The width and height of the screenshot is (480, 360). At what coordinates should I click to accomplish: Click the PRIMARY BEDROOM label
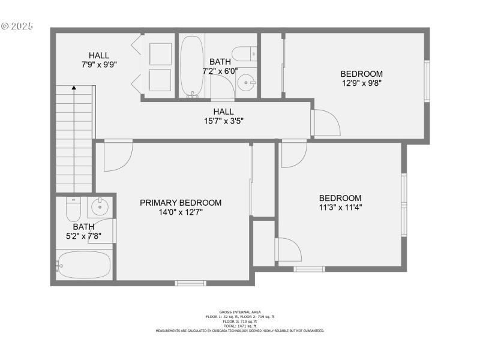pos(181,203)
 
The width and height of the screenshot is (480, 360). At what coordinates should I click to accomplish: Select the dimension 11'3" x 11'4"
pos(340,208)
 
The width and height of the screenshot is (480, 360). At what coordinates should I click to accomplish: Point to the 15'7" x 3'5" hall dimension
pos(223,121)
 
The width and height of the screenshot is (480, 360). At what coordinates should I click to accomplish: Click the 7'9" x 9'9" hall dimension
pos(99,65)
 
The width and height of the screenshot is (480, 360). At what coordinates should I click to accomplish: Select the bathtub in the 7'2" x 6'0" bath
pos(193,66)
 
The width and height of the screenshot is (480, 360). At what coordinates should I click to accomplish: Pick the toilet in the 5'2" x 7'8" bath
pos(73,209)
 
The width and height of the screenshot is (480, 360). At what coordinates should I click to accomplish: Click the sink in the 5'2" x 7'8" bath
pos(100,208)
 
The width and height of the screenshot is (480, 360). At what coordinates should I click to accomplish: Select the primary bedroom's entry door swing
pos(118,155)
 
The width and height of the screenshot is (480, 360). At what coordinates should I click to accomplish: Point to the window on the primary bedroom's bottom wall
pos(190,283)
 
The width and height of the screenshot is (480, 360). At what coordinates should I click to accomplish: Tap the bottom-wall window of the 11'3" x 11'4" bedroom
pos(310,269)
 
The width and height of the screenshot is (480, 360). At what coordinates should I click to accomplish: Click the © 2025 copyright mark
pos(17,27)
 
